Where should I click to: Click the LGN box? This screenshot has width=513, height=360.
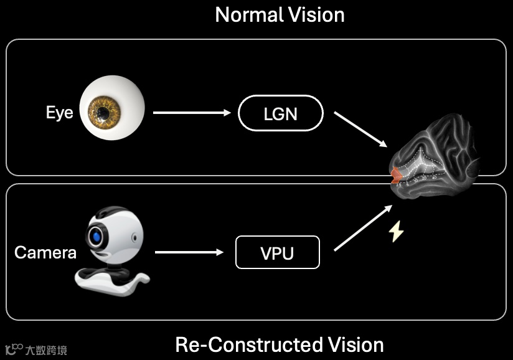(x=281, y=114)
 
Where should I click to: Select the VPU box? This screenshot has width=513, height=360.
(x=277, y=252)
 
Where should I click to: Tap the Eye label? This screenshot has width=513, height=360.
(x=59, y=113)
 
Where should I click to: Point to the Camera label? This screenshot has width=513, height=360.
(x=45, y=252)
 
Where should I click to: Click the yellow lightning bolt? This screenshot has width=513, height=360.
(x=396, y=232)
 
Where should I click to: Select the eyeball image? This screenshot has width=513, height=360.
(x=112, y=112)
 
